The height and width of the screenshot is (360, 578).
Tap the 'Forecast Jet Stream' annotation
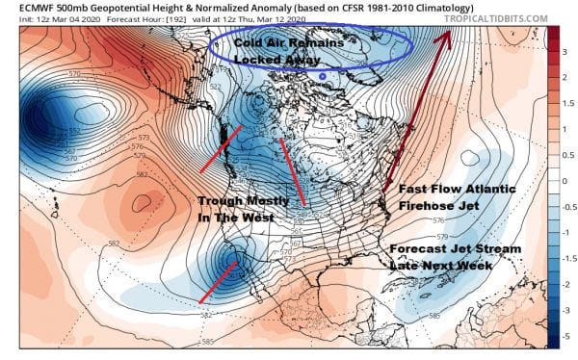[x=455, y=248]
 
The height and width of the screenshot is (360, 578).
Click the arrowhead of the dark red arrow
[x=447, y=38]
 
